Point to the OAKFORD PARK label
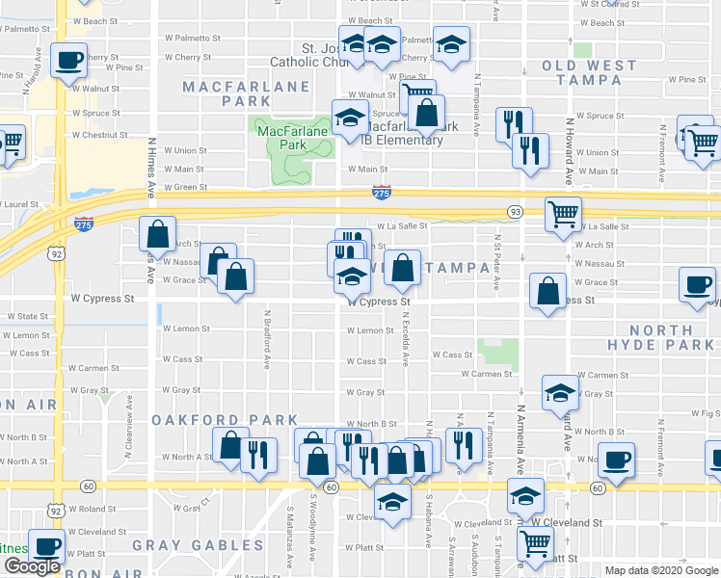226,420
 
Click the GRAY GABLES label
184,545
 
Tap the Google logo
32,565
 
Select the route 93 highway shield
515,211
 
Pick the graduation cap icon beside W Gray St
558,392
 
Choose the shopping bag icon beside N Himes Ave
156,233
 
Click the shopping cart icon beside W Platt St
534,542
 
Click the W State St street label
27,316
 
